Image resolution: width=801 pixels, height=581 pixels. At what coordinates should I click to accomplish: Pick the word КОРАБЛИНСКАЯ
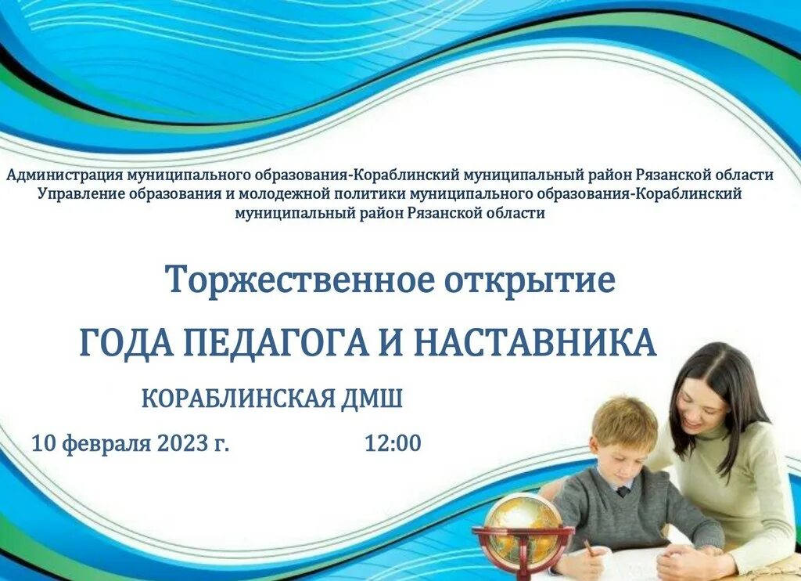[x=238, y=399]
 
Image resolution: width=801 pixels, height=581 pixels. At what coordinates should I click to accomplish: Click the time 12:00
[x=393, y=443]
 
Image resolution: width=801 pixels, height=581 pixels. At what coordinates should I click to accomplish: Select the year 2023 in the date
[x=183, y=443]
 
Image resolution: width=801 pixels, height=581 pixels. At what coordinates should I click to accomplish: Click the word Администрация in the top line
[x=59, y=175]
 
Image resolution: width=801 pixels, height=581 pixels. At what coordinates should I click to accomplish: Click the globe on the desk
[x=523, y=522]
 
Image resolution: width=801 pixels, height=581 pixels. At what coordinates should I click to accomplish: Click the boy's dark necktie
[x=622, y=492]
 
